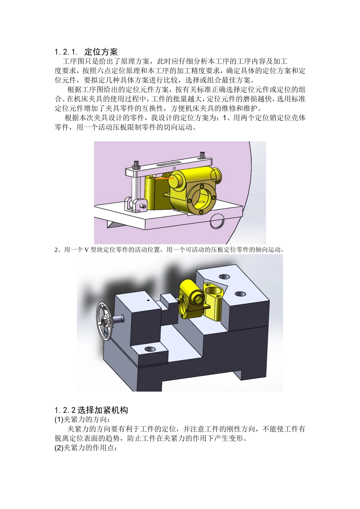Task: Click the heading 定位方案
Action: [101, 52]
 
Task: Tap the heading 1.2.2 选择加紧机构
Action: [91, 410]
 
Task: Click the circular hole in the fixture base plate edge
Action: [217, 221]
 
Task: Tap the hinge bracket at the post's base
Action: [135, 204]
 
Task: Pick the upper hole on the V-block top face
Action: [224, 277]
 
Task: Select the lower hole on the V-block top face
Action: [240, 294]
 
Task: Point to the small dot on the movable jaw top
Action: [148, 300]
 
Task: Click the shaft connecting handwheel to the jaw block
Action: [119, 319]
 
